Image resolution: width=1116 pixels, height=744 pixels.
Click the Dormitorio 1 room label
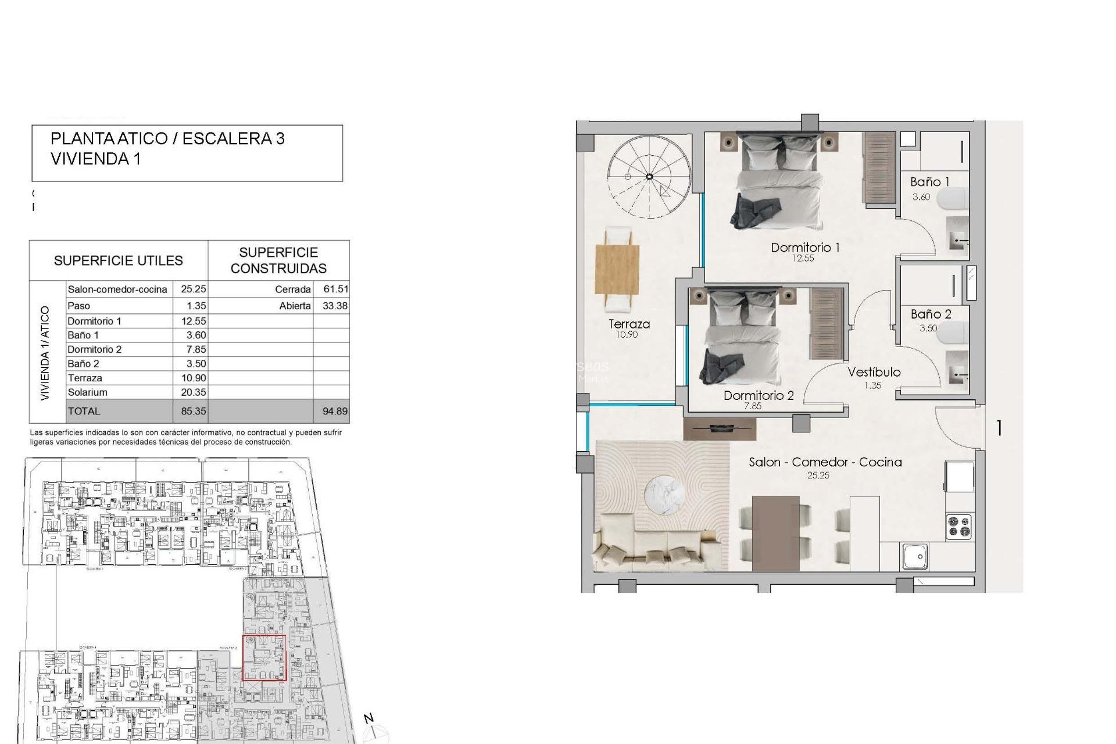(805, 247)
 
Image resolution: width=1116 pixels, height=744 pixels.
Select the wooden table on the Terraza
(617, 270)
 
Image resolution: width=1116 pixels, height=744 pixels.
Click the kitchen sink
(915, 556)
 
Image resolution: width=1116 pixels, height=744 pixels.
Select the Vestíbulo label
(874, 372)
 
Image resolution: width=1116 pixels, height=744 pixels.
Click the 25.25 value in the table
(193, 289)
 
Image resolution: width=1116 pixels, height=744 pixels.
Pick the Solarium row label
(88, 392)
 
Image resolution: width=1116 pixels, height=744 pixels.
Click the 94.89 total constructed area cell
(335, 411)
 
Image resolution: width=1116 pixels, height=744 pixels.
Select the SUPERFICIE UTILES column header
(119, 260)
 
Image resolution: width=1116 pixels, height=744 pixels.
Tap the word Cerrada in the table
(293, 289)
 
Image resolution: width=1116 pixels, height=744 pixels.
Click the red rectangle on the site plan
(264, 657)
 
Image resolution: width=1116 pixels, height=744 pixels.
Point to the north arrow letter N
(369, 718)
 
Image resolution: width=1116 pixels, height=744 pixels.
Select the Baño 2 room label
(931, 314)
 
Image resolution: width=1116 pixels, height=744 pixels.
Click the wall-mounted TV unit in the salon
(720, 429)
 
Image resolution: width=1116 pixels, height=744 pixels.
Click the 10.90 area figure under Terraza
(627, 334)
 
